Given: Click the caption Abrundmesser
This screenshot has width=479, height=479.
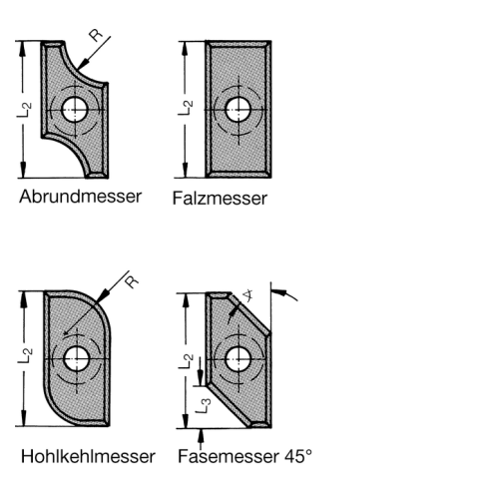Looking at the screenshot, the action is (80, 197).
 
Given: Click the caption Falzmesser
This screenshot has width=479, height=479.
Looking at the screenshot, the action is (220, 199).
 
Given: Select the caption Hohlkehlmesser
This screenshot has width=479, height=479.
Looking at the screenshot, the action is (88, 456).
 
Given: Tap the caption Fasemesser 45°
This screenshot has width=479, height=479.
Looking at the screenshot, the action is (245, 456).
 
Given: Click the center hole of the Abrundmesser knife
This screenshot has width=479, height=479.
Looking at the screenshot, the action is (75, 110).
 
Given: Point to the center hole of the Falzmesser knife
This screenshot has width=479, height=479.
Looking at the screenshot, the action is (239, 110).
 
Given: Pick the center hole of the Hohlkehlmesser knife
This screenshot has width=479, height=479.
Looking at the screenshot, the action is (77, 359).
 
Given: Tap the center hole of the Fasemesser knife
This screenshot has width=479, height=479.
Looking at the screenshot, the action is (239, 359).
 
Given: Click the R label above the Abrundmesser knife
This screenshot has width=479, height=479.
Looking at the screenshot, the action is (96, 35).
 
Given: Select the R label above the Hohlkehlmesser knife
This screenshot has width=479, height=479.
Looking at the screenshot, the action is (132, 281).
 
